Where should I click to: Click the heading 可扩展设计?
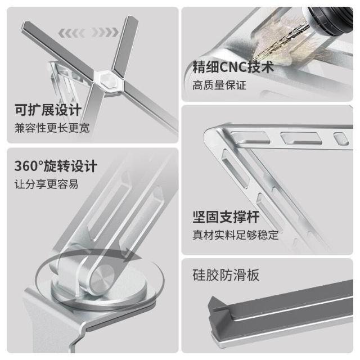(48, 110)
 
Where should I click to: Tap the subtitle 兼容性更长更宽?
(52, 128)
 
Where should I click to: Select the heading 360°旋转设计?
(56, 166)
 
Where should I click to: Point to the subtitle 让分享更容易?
(46, 184)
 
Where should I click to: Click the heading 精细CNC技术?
(233, 67)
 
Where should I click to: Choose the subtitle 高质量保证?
(219, 85)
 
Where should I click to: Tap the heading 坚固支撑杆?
(226, 217)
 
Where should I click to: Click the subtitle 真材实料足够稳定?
(236, 235)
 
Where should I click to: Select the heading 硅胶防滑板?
(226, 275)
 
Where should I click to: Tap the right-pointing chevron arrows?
(105, 33)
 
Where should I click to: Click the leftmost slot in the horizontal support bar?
(250, 137)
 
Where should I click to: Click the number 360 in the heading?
(26, 166)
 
